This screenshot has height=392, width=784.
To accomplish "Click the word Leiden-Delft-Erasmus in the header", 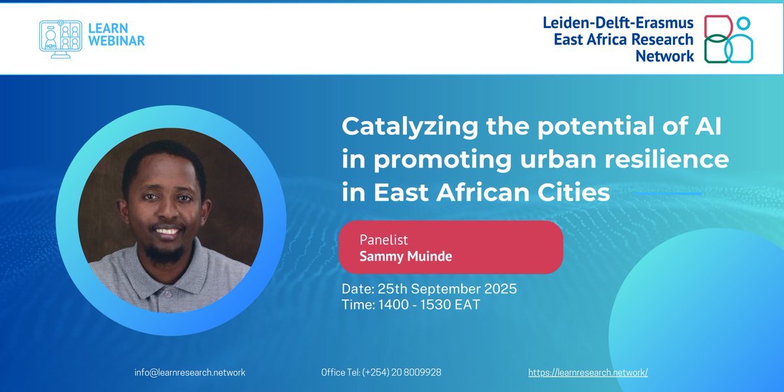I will pos(618,23).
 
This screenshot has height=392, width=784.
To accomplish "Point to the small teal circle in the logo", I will pos(743,24).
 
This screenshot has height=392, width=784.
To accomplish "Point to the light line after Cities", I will pos(668,193).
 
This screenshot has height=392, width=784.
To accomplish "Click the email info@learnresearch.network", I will pos(189,372).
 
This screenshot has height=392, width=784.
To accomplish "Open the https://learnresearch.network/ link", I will pos(588,372).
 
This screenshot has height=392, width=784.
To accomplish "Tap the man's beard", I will pos(167,252).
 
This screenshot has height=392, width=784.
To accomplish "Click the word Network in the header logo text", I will pos(664,56).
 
